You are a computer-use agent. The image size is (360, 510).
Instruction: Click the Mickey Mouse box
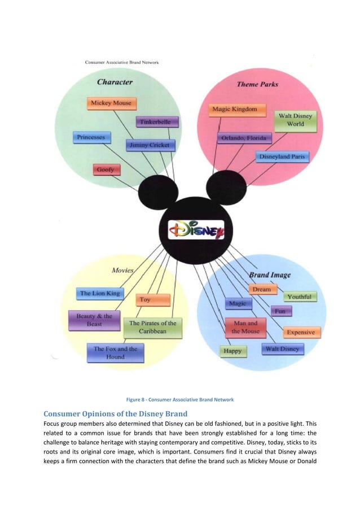click(x=111, y=103)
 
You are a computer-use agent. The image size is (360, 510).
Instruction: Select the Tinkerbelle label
click(x=157, y=121)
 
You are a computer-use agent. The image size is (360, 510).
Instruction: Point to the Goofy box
click(x=106, y=169)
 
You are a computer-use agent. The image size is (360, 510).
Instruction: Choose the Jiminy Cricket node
click(x=150, y=145)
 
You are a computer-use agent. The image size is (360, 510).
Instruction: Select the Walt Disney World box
click(x=296, y=120)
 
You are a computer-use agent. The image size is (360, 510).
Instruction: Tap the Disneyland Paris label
click(x=283, y=157)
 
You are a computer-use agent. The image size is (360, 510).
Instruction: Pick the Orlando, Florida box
click(x=244, y=138)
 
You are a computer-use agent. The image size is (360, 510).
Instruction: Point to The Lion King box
click(x=100, y=293)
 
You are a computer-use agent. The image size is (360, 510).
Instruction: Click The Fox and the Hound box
click(x=115, y=353)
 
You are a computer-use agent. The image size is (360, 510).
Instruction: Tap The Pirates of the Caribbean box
click(x=153, y=327)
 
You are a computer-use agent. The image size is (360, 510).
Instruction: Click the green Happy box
click(x=232, y=351)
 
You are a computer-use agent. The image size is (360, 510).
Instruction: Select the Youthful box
click(x=299, y=297)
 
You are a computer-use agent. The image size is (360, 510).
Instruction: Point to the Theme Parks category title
click(x=257, y=84)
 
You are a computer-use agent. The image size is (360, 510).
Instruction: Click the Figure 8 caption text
click(x=181, y=400)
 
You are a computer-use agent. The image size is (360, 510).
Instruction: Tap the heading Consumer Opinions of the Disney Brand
click(x=115, y=413)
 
